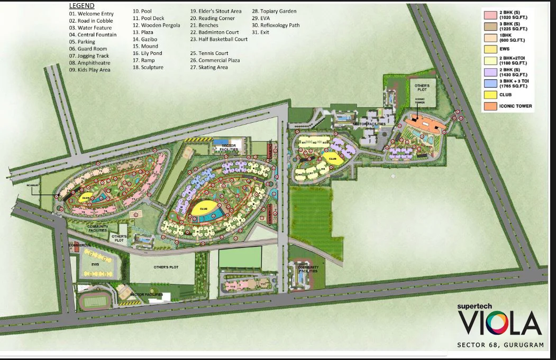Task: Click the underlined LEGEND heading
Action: (81, 6)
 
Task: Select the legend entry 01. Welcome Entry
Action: (91, 14)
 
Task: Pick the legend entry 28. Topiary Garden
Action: (274, 11)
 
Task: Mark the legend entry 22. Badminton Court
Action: (215, 32)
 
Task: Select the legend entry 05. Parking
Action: (82, 42)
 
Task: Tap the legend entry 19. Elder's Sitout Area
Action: (216, 11)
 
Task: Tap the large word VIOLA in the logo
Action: (499, 324)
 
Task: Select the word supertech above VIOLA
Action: (479, 305)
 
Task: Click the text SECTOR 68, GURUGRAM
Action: (500, 345)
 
